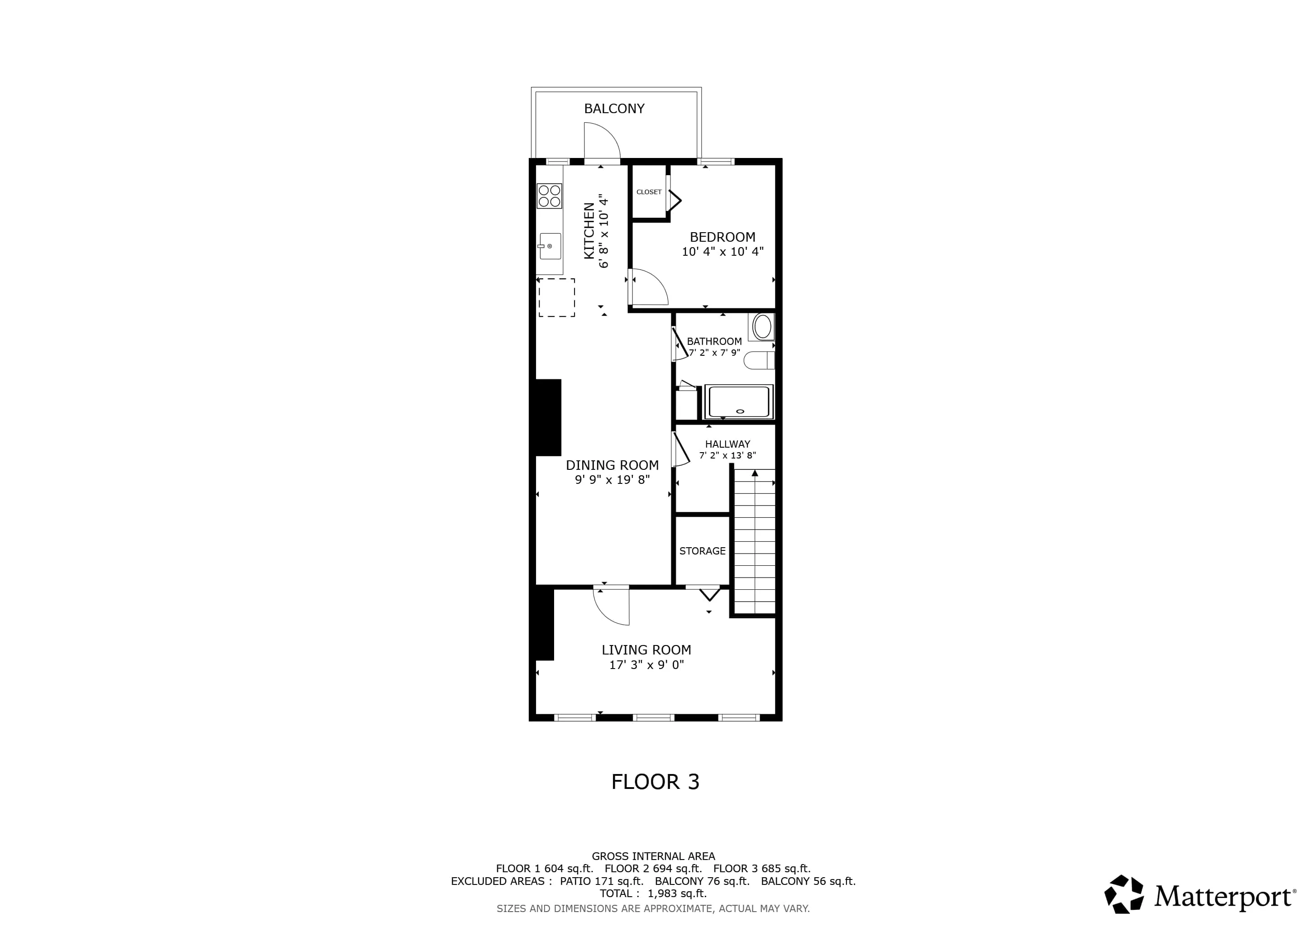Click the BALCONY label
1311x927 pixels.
614,109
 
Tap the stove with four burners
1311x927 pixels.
549,196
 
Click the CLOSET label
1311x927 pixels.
649,192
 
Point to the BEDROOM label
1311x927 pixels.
722,237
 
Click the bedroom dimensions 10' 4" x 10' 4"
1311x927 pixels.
722,252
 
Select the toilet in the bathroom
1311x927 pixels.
760,361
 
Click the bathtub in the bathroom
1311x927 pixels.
739,402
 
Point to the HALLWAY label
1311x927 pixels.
727,444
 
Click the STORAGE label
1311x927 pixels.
702,551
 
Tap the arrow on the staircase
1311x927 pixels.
755,473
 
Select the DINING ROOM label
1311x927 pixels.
612,465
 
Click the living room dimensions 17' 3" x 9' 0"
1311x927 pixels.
646,665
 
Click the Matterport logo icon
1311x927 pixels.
1124,894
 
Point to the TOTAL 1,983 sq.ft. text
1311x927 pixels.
653,894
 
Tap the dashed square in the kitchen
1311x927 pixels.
557,297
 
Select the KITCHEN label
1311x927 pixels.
589,231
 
